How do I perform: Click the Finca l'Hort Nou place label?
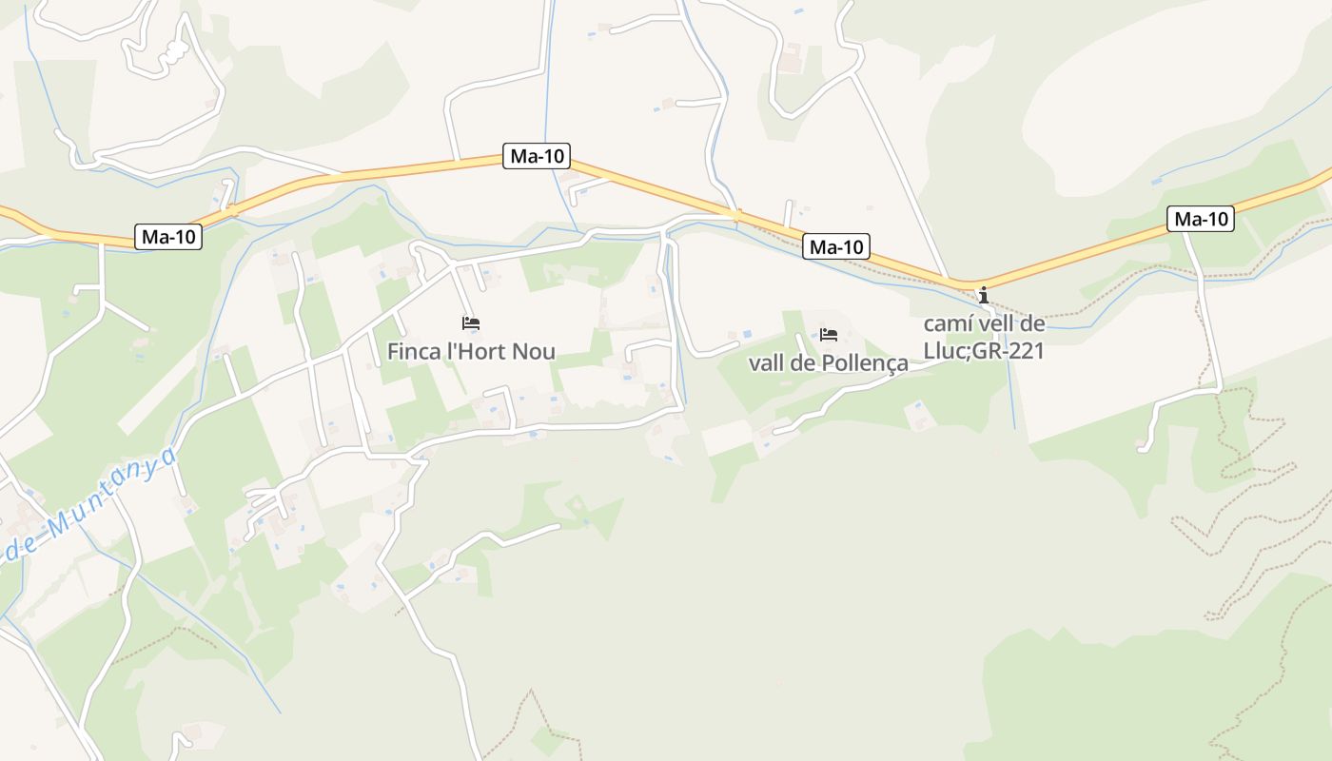coord(471,352)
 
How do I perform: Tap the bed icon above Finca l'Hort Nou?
coord(471,323)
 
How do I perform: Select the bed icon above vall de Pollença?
coord(829,335)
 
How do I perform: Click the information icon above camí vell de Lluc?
coord(984,295)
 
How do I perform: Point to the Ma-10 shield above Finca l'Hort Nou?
coord(537,157)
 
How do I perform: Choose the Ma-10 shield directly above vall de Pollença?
coord(836,247)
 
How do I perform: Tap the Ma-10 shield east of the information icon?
coord(1201,219)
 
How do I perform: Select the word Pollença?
coord(865,363)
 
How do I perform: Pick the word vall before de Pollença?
coord(767,363)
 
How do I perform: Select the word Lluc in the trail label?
coord(943,351)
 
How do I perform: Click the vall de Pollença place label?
coord(829,363)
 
